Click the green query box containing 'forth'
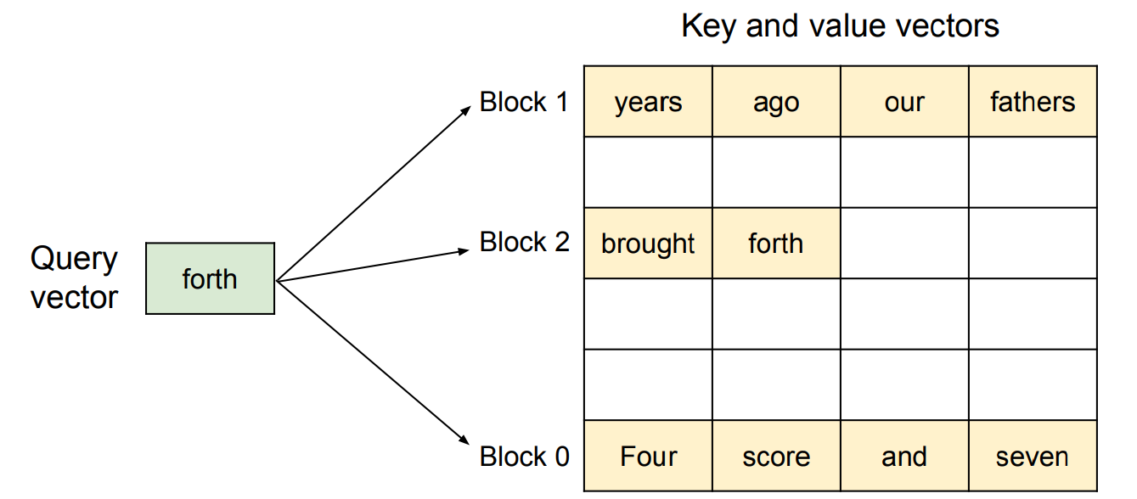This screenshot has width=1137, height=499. coord(210,278)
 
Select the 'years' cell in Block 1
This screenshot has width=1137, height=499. coord(648,102)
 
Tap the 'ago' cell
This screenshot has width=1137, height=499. coord(777,102)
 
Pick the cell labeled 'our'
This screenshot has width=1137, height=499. coord(905,102)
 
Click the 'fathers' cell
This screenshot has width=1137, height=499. coord(1033,102)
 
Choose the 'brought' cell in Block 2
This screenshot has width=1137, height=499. coord(648,243)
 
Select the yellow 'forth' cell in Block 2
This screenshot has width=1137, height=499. coord(777,243)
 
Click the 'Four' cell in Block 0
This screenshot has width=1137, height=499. coord(648,456)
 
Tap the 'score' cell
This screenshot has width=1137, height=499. coord(777,456)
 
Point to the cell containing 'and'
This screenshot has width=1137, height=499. coord(905,456)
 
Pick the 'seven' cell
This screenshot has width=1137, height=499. coord(1033,456)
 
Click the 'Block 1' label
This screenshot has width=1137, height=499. coord(524,102)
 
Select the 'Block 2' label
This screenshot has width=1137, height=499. coord(524,242)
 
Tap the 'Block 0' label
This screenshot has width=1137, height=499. coord(524,457)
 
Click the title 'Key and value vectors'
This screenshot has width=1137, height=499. coord(840,26)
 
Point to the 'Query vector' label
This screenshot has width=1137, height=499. coord(74,278)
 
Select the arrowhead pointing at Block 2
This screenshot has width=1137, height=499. coord(464,250)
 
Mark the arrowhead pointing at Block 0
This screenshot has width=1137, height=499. coord(464,440)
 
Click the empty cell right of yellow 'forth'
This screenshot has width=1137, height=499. coord(905,243)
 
